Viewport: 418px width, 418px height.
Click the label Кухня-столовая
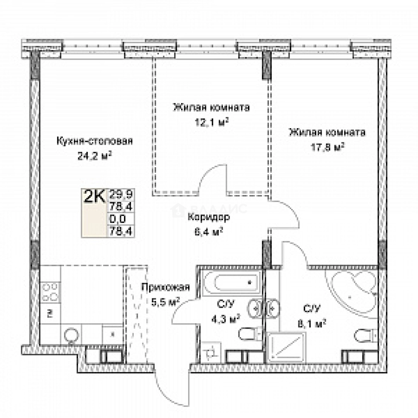94,141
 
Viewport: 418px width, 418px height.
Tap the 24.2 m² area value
94,156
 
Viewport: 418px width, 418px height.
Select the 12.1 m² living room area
211,122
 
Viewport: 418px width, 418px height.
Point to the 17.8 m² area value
327,147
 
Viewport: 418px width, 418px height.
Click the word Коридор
209,217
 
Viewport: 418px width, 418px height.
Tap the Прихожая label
165,287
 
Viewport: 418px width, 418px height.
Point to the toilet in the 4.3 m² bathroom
248,334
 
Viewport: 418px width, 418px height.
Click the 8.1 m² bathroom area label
314,323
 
